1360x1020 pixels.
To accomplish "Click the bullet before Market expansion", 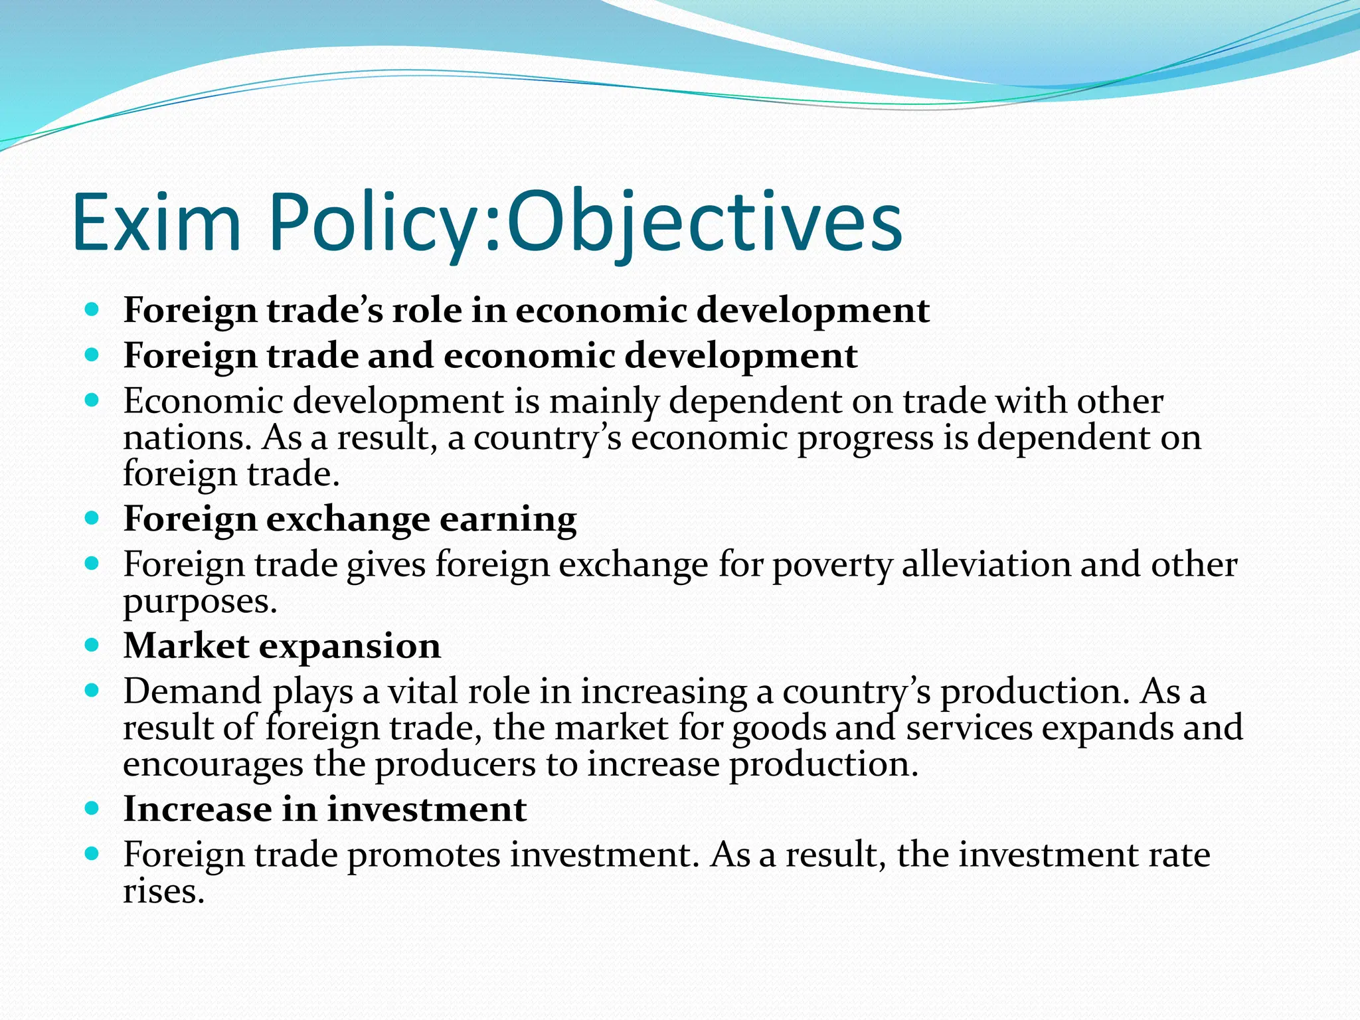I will (92, 645).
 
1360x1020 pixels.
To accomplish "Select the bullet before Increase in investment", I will (92, 808).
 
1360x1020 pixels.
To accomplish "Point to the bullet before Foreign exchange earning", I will (92, 518).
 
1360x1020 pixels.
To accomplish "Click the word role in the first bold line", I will (426, 311).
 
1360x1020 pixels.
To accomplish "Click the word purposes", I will (199, 602).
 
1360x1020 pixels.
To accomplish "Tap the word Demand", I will (193, 691).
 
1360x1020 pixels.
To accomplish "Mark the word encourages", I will (212, 765).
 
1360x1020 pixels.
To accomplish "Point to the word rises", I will (163, 891).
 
